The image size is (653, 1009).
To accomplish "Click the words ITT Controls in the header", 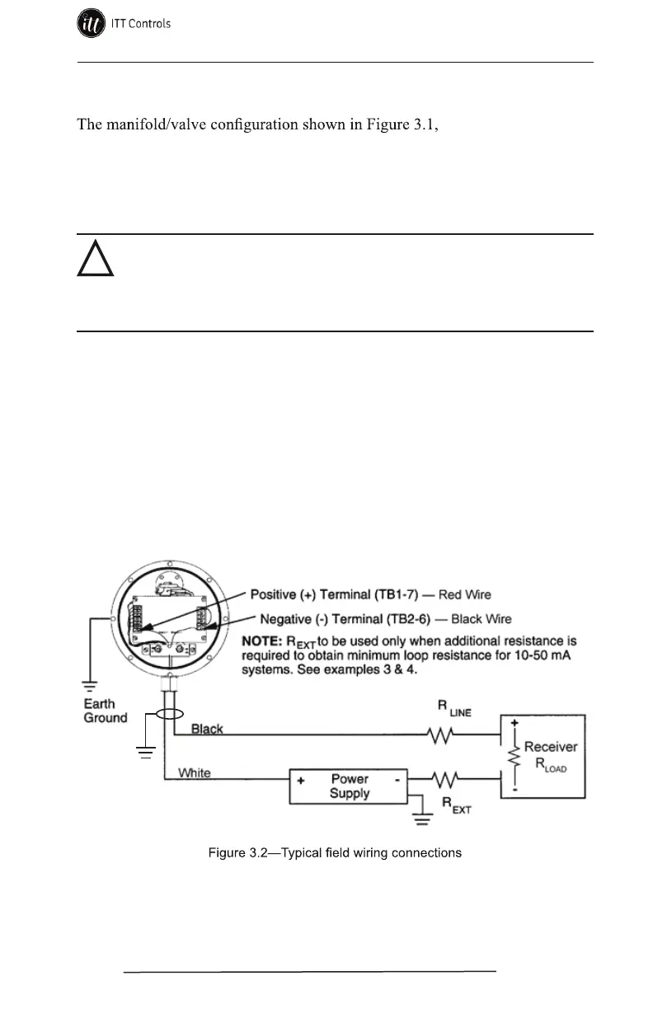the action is point(141,24).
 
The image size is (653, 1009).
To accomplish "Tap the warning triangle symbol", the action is point(95,260).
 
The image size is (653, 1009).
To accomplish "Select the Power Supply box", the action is point(350,786).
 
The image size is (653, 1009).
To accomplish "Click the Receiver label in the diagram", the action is point(551,747).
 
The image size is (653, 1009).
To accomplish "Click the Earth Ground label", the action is point(106,711).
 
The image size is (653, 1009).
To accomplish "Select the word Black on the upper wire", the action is point(207,729).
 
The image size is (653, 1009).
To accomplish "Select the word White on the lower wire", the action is point(195,773).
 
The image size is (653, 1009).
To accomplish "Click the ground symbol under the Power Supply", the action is point(421,817).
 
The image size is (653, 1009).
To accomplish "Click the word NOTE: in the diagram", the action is point(265,639).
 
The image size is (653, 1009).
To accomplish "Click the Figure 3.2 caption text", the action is point(334,852).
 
